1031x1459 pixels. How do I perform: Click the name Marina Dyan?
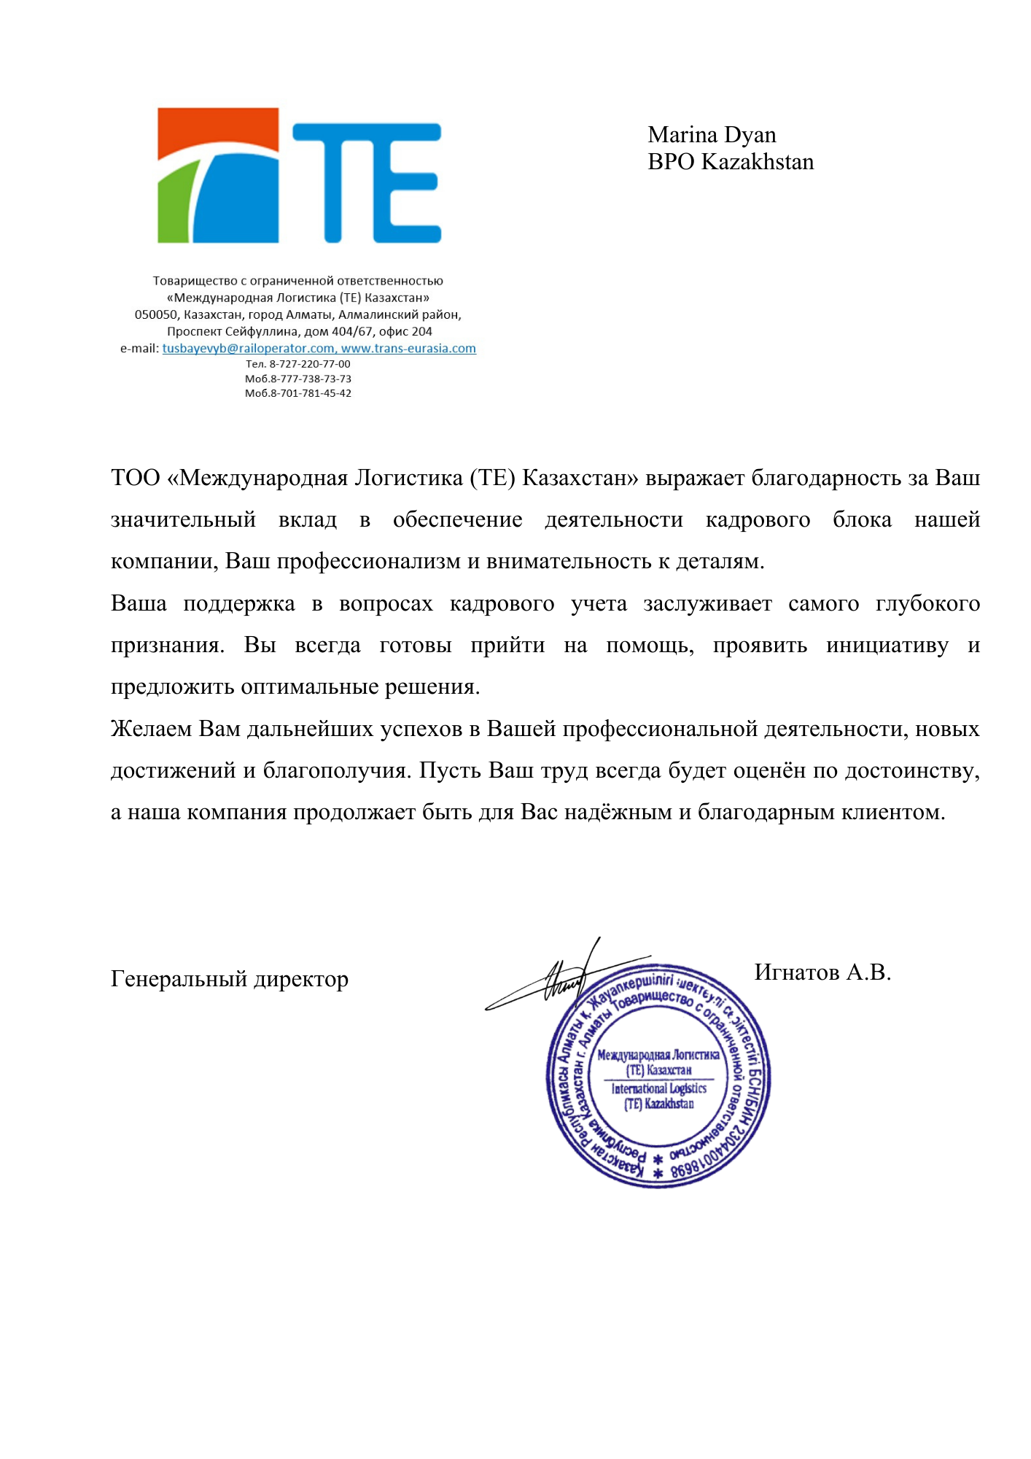[712, 135]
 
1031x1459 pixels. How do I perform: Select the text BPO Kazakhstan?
[731, 162]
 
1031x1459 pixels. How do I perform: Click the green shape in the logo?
[174, 208]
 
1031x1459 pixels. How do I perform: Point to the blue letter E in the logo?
[405, 182]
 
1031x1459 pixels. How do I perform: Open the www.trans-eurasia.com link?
[408, 349]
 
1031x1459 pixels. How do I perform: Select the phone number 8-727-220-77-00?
[310, 364]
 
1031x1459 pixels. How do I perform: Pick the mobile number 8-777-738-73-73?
[311, 379]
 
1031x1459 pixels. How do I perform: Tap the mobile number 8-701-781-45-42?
[311, 393]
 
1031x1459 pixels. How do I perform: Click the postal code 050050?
[156, 315]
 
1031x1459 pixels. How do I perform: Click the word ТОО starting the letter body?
[136, 479]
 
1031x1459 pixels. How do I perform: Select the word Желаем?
[152, 729]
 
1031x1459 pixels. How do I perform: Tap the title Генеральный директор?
[230, 979]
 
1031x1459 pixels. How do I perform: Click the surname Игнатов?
[797, 972]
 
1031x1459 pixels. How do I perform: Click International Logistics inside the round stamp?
[658, 1088]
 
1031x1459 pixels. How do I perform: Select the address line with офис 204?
[300, 332]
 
